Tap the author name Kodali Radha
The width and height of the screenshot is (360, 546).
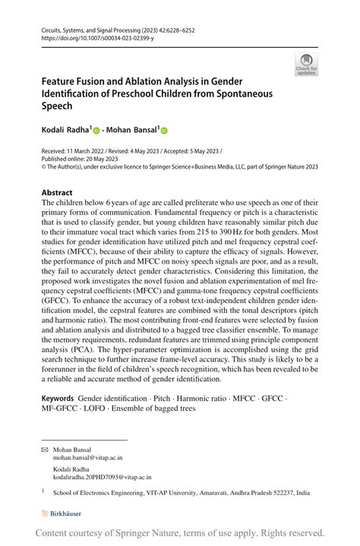click(x=65, y=130)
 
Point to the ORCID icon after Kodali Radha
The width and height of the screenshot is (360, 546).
click(x=96, y=131)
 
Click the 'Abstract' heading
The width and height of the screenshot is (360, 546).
click(x=57, y=193)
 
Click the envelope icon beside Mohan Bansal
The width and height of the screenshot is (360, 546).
click(x=44, y=450)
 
